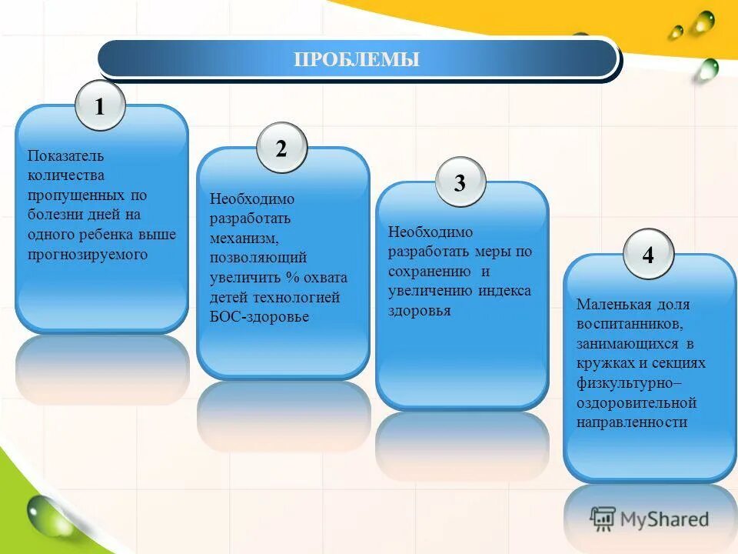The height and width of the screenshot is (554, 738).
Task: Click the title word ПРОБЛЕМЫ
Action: pyautogui.click(x=357, y=59)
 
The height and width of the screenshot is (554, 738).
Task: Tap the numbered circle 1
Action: pyautogui.click(x=100, y=106)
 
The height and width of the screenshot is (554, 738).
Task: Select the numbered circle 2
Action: pyautogui.click(x=281, y=149)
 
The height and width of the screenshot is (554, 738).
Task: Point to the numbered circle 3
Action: pyautogui.click(x=460, y=183)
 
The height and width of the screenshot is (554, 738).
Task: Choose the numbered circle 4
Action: pyautogui.click(x=648, y=255)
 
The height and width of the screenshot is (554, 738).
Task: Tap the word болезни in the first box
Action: pyautogui.click(x=54, y=215)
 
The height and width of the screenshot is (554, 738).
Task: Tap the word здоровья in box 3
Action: pyautogui.click(x=419, y=311)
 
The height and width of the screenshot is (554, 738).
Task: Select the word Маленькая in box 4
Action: pyautogui.click(x=610, y=304)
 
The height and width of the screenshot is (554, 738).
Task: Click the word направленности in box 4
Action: pyautogui.click(x=631, y=422)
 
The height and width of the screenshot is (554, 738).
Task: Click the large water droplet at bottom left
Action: pyautogui.click(x=50, y=514)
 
